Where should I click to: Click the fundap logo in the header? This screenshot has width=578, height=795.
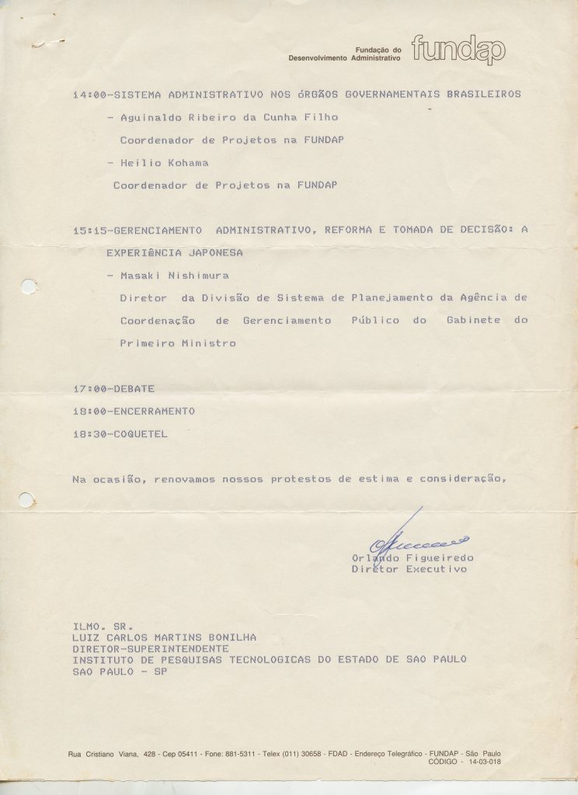(458, 50)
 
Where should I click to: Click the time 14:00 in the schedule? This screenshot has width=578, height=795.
(88, 95)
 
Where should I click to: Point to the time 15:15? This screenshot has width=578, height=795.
(88, 231)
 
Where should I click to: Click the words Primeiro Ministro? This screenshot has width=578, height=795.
(177, 343)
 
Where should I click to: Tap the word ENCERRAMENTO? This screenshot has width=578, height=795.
(154, 411)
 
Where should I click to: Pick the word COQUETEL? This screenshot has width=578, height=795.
(140, 434)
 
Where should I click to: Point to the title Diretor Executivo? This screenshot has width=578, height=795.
(409, 570)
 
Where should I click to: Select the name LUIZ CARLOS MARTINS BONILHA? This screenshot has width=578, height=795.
(164, 637)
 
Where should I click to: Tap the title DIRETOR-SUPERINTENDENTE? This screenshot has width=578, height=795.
(151, 648)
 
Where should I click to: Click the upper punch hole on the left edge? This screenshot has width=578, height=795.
(28, 286)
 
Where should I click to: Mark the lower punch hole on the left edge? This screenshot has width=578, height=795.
(26, 499)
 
